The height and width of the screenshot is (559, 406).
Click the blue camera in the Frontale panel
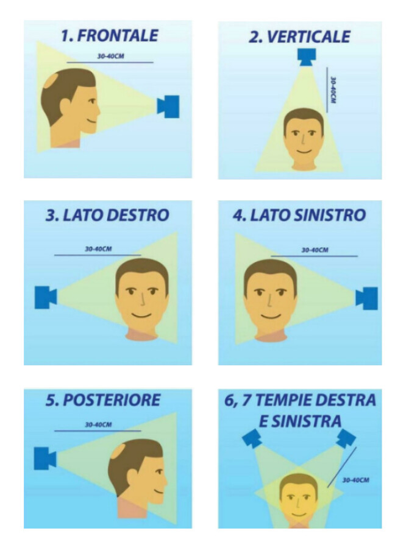click(x=168, y=106)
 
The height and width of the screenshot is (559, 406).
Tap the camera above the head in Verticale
click(x=306, y=57)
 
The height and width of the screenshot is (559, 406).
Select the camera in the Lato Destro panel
click(x=46, y=297)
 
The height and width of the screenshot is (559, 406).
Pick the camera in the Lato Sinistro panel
click(x=366, y=298)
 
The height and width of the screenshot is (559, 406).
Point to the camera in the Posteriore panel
click(x=45, y=458)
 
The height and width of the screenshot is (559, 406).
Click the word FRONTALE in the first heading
click(x=118, y=36)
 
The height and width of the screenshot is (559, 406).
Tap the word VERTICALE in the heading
click(x=308, y=37)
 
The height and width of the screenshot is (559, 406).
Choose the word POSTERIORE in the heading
click(x=112, y=399)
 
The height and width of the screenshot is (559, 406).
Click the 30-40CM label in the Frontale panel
click(x=110, y=57)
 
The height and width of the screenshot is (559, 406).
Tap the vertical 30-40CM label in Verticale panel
click(x=333, y=90)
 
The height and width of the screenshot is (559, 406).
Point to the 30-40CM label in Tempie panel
click(x=355, y=480)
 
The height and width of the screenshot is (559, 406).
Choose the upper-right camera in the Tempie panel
click(x=346, y=438)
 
